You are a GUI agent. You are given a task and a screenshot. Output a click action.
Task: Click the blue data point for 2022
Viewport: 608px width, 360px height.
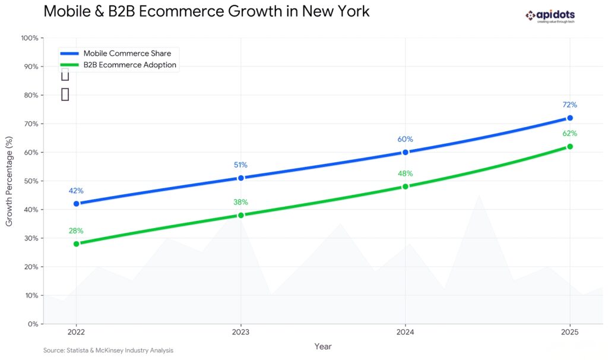76,204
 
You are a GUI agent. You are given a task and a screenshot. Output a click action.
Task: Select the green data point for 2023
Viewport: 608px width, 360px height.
240,215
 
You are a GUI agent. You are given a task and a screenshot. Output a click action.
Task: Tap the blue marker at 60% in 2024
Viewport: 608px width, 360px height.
406,152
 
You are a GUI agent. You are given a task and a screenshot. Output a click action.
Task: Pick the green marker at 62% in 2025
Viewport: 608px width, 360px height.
570,146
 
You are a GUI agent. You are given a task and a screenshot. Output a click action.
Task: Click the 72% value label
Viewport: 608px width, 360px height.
570,105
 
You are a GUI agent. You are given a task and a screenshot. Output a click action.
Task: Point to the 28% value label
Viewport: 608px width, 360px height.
76,230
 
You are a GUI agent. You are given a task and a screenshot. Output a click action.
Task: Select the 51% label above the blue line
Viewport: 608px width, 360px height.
240,165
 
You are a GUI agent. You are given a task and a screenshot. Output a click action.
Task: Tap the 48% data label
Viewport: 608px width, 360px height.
406,173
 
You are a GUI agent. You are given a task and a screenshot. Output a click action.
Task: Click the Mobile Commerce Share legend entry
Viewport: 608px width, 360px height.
126,53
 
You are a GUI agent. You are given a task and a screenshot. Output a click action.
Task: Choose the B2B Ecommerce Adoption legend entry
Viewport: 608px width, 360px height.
129,65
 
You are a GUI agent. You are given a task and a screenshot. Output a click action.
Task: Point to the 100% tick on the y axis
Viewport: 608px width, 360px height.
29,38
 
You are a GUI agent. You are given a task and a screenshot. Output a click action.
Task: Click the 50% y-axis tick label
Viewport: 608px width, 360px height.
31,181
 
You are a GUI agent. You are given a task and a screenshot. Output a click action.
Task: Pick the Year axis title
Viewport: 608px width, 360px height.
323,346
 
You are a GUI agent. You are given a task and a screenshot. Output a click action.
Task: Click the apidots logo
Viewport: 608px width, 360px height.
550,16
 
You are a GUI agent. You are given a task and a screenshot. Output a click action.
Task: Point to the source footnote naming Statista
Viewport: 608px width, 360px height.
108,350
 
